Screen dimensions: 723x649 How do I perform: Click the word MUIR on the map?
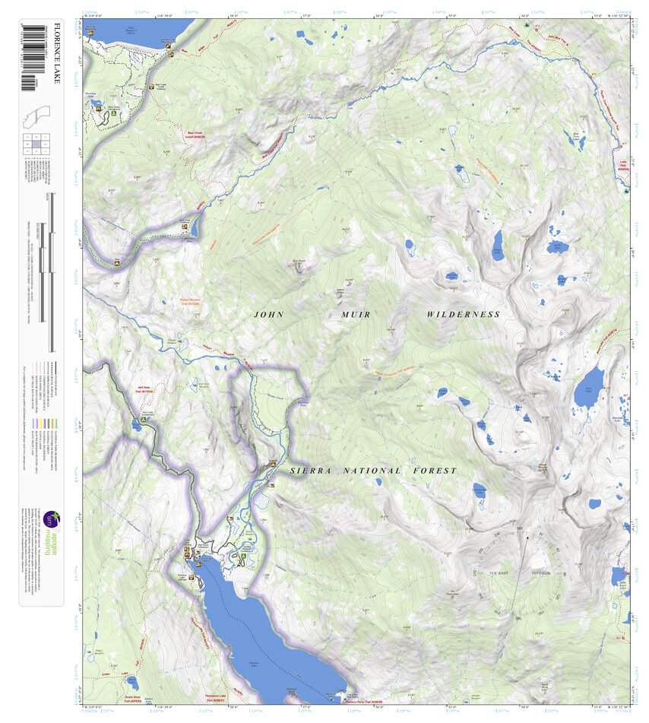pos(349,314)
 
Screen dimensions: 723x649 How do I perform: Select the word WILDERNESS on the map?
pos(463,314)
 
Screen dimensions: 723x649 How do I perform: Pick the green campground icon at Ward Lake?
pos(142,420)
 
